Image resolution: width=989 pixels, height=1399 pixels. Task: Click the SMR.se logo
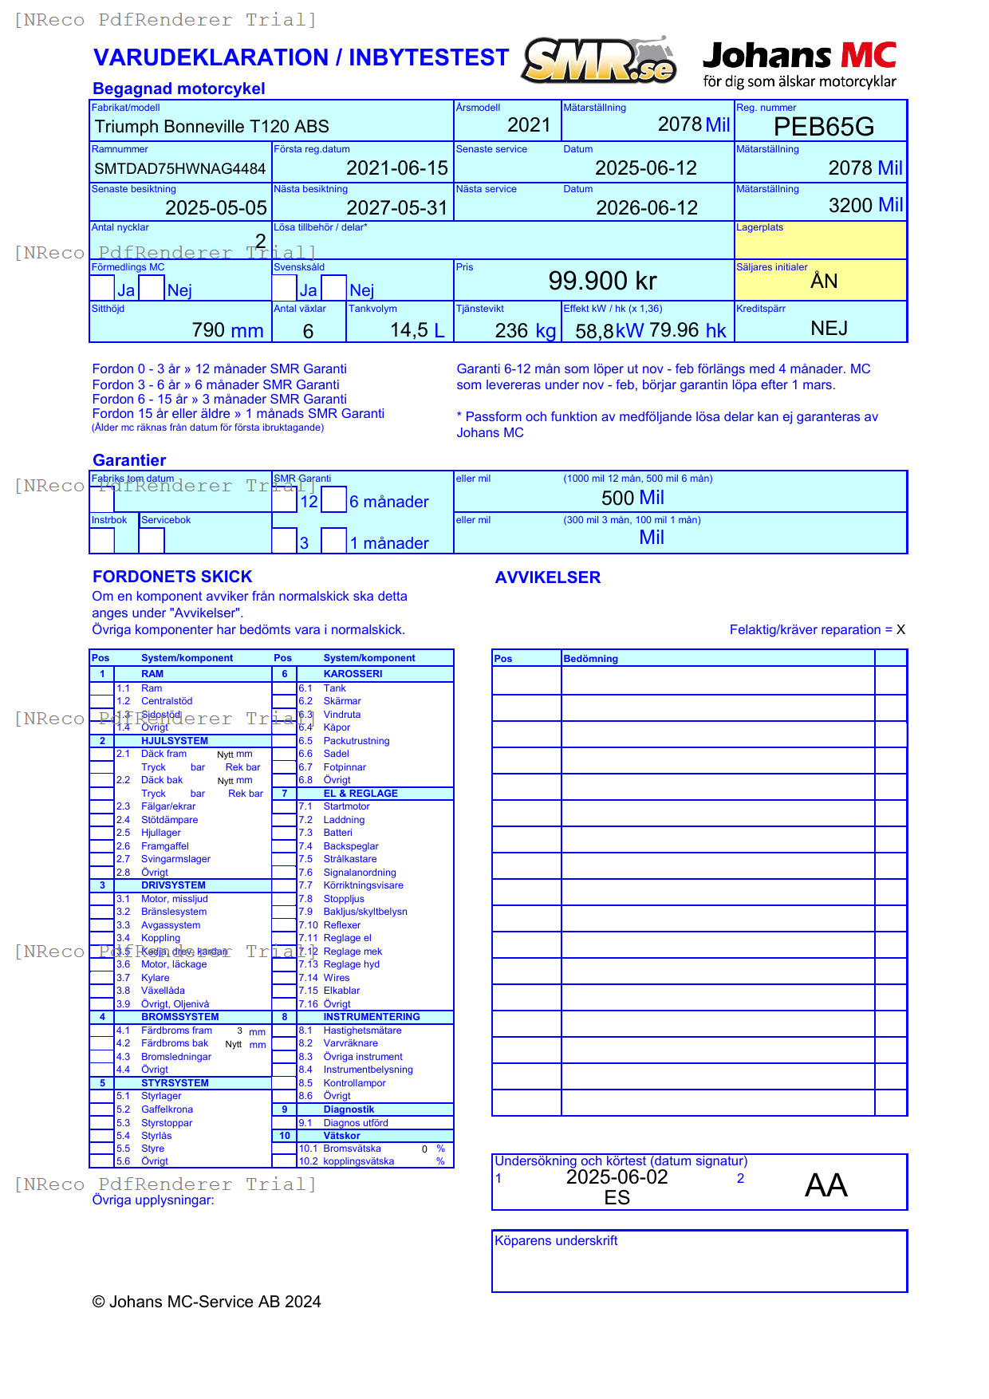[x=598, y=61]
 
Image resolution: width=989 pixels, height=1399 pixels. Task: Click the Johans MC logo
[x=799, y=64]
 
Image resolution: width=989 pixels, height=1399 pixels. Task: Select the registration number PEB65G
[x=823, y=127]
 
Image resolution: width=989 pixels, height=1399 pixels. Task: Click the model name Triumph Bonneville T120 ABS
[x=211, y=127]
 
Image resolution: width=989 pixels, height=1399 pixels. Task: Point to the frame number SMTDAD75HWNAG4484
[x=179, y=168]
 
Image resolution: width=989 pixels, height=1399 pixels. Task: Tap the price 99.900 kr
[x=602, y=281]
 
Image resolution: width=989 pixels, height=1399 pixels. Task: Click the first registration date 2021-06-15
[x=396, y=168]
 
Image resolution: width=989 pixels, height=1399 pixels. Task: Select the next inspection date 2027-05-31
[x=396, y=208]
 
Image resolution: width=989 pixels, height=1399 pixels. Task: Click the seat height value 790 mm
[x=227, y=330]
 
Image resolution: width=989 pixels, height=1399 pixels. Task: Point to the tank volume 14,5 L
[x=416, y=330]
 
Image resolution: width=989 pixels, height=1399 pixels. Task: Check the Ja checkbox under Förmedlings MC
[x=102, y=288]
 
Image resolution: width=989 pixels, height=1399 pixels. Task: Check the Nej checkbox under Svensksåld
[x=333, y=288]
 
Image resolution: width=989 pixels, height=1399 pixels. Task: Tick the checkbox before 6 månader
[x=333, y=500]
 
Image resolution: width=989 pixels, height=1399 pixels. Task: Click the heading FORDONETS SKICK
[x=172, y=577]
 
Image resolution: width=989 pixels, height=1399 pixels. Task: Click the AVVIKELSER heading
[x=547, y=577]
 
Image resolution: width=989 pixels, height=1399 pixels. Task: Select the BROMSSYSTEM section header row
[x=179, y=1017]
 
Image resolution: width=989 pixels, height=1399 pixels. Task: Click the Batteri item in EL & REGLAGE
[x=337, y=833]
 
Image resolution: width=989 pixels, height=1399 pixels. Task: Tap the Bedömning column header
[x=590, y=659]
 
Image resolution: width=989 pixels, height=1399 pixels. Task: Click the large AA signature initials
[x=825, y=1185]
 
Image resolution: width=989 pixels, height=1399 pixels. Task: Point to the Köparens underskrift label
[x=556, y=1241]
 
